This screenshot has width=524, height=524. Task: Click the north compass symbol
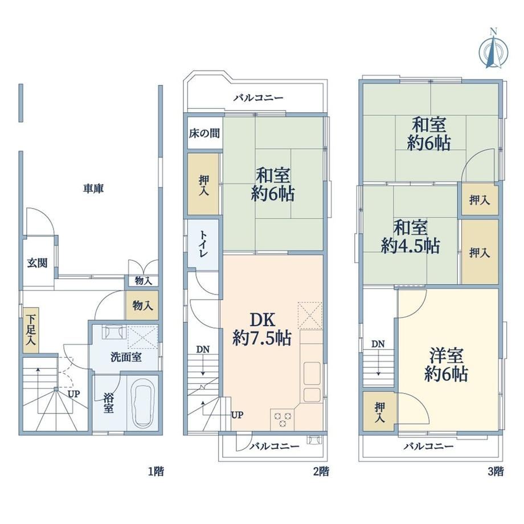pos(493,50)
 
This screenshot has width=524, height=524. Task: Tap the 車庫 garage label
pos(93,189)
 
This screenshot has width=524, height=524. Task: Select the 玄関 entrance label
pos(37,263)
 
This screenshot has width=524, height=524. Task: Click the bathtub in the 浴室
pos(143,403)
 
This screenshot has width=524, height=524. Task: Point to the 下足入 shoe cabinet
pos(31,330)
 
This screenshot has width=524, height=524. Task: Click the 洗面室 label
pos(126,357)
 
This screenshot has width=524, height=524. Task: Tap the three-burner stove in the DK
pos(283,419)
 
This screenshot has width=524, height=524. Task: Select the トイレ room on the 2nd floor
pos(203,244)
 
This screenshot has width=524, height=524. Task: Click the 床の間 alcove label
pos(204,134)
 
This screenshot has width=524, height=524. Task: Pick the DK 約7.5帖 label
pos(262,329)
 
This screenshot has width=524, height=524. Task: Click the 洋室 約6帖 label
pos(446,365)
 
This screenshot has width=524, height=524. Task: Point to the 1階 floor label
pos(156,472)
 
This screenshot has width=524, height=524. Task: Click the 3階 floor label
pos(496,472)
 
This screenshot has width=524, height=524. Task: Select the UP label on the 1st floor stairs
pos(74,394)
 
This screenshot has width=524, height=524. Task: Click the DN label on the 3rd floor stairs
pos(378,344)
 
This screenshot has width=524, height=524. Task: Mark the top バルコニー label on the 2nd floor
pos(259,98)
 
